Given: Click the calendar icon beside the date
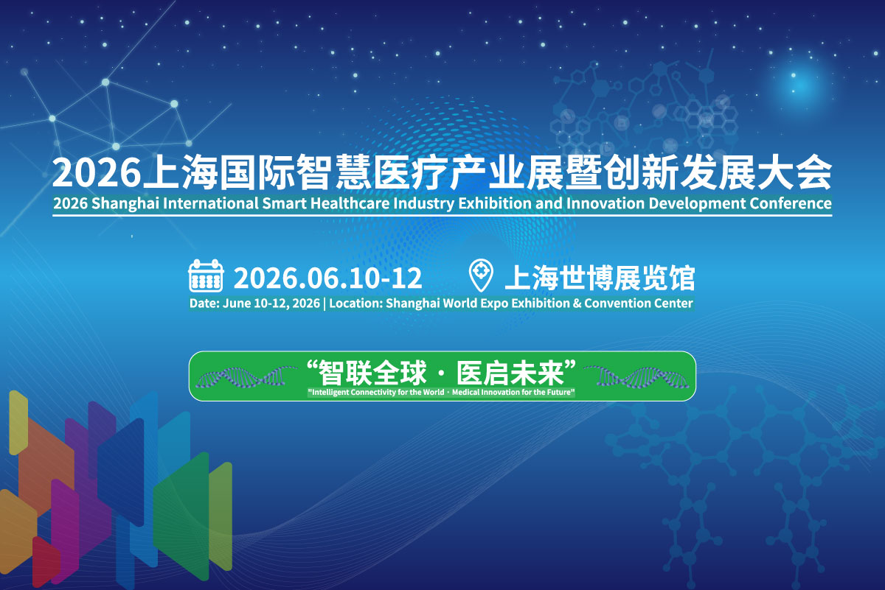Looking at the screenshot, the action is click(206, 275).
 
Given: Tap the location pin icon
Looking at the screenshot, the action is click(481, 275).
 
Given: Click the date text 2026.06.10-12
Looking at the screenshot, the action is click(328, 278).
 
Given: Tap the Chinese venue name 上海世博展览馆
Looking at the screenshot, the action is click(600, 278).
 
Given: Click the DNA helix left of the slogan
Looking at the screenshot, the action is click(246, 376).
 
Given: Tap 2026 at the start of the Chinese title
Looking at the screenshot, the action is click(97, 173).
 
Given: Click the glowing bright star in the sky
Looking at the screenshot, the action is click(794, 75).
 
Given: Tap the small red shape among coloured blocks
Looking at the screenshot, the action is click(46, 561).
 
